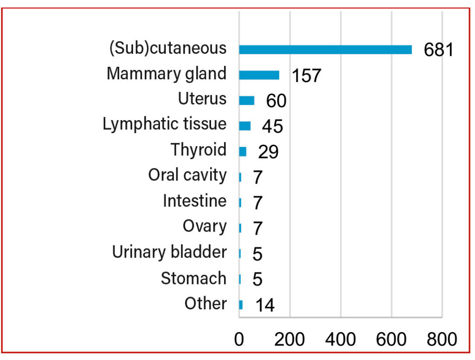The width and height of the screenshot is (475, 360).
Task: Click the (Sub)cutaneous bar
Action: point(325,50)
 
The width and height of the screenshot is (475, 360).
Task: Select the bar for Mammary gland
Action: point(259,75)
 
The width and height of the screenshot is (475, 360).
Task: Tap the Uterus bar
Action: point(247,100)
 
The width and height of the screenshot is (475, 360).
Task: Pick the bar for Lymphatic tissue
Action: point(245,126)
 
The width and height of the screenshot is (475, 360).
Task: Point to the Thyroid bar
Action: point(243,151)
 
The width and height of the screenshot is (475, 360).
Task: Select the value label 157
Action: point(306,76)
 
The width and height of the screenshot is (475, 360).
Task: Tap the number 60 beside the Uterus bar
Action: point(276,101)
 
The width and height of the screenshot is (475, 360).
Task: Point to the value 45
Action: point(272,126)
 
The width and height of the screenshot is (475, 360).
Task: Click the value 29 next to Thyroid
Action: point(268,152)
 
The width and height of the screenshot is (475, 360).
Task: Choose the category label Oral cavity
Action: point(187,175)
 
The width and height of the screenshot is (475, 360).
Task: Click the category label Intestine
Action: point(194,201)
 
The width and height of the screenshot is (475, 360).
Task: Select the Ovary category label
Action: point(205,226)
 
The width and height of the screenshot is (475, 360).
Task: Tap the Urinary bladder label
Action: point(169,252)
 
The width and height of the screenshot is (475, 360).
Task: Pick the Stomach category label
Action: point(193,278)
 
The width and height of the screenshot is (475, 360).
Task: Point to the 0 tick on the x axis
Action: point(239,340)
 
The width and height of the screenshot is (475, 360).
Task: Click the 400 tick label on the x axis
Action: point(340,340)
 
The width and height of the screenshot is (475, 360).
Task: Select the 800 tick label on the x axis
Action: point(442,340)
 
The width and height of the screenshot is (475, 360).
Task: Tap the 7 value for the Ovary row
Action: point(258,228)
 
